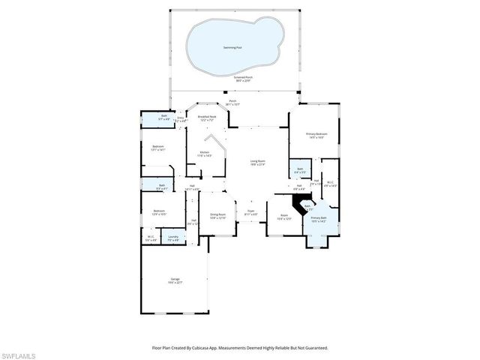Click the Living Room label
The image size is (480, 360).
click(257, 163)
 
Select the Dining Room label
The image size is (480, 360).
click(218, 216)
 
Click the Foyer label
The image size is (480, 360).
click(250, 212)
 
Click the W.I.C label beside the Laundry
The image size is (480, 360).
click(151, 238)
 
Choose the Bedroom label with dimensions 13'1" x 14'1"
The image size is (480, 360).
click(157, 148)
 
